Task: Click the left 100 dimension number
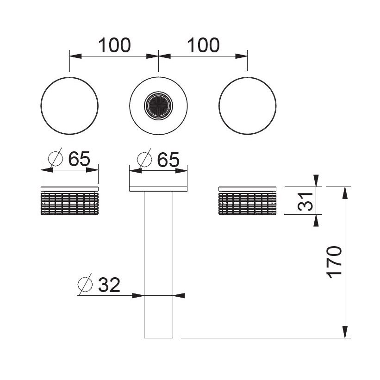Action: click(x=114, y=45)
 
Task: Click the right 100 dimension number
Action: click(x=203, y=45)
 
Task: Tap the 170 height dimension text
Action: click(x=334, y=262)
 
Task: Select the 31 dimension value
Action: click(x=305, y=201)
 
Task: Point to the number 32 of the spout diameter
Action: click(x=109, y=285)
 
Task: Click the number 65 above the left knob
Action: click(x=79, y=159)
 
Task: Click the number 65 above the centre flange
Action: click(x=168, y=160)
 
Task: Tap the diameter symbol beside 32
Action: click(x=85, y=284)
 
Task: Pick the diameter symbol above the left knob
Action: click(x=56, y=158)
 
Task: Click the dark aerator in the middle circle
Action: click(x=158, y=106)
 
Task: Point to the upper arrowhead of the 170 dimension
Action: click(x=345, y=193)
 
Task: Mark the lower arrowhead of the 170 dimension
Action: click(x=345, y=332)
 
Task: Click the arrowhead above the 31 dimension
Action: click(x=316, y=181)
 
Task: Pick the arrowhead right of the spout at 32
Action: click(x=179, y=295)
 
